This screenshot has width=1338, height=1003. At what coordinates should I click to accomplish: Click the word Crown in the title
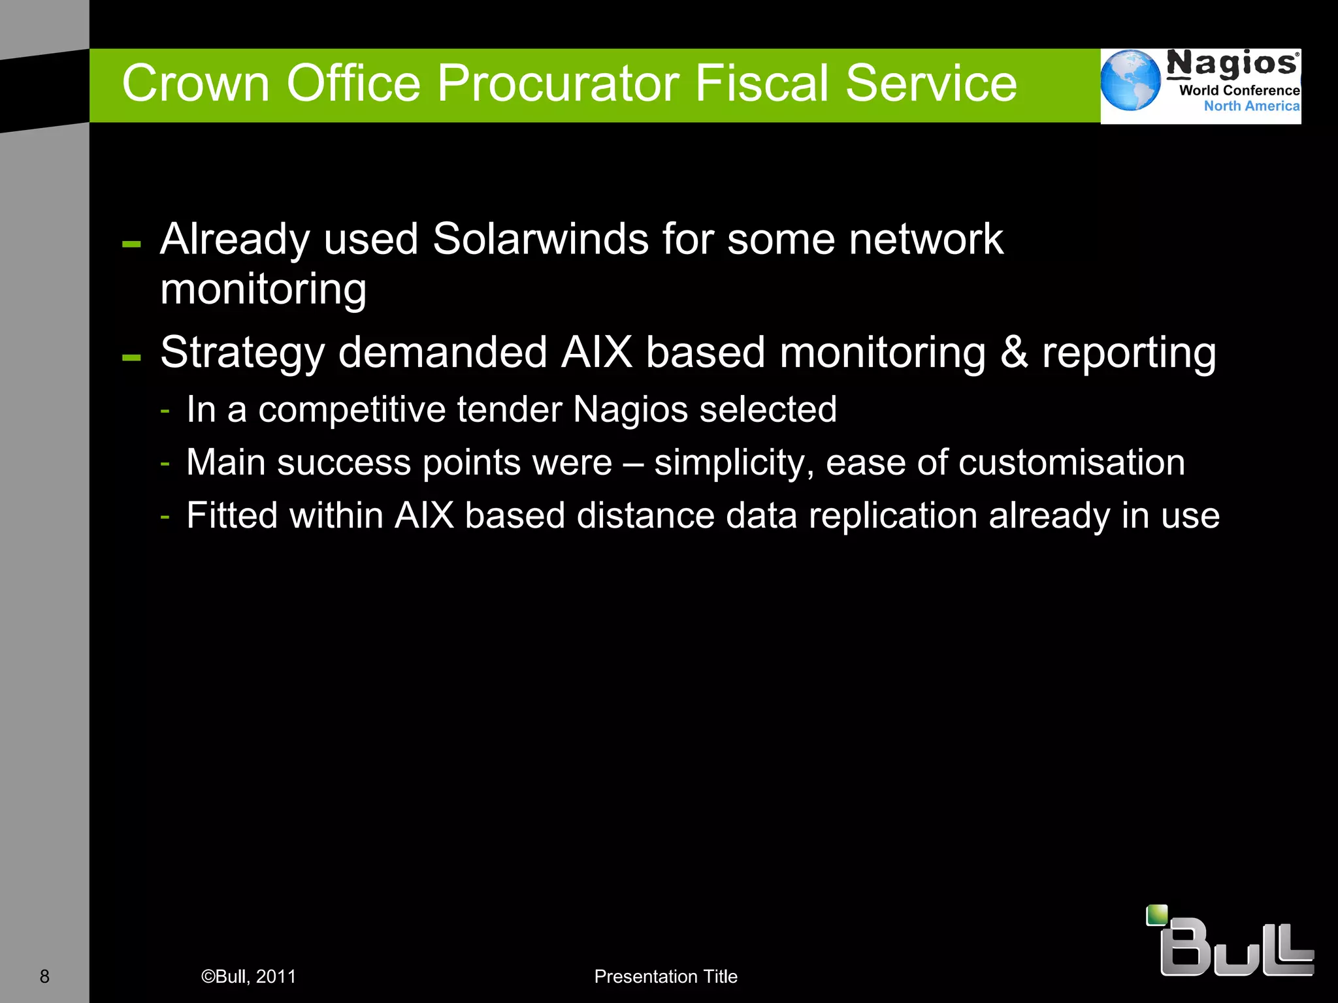[195, 84]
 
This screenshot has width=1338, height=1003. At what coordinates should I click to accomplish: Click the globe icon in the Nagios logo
[1130, 80]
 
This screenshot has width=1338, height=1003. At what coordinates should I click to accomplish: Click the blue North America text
[1251, 106]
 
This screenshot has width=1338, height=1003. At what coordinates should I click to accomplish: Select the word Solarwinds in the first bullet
[541, 239]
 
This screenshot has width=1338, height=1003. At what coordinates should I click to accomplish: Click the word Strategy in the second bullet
[242, 353]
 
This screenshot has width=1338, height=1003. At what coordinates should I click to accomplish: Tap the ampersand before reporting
[1014, 353]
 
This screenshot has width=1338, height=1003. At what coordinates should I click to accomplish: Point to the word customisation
[1071, 463]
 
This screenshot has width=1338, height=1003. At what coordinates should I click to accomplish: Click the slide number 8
[44, 977]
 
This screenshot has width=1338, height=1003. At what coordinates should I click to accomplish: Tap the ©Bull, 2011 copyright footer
[248, 977]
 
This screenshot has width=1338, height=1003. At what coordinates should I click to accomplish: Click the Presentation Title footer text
[666, 977]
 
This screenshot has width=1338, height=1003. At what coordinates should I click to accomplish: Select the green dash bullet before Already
[131, 245]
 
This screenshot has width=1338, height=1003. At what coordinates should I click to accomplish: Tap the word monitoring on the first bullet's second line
[263, 289]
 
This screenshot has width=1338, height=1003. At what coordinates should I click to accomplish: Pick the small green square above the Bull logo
[1157, 915]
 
